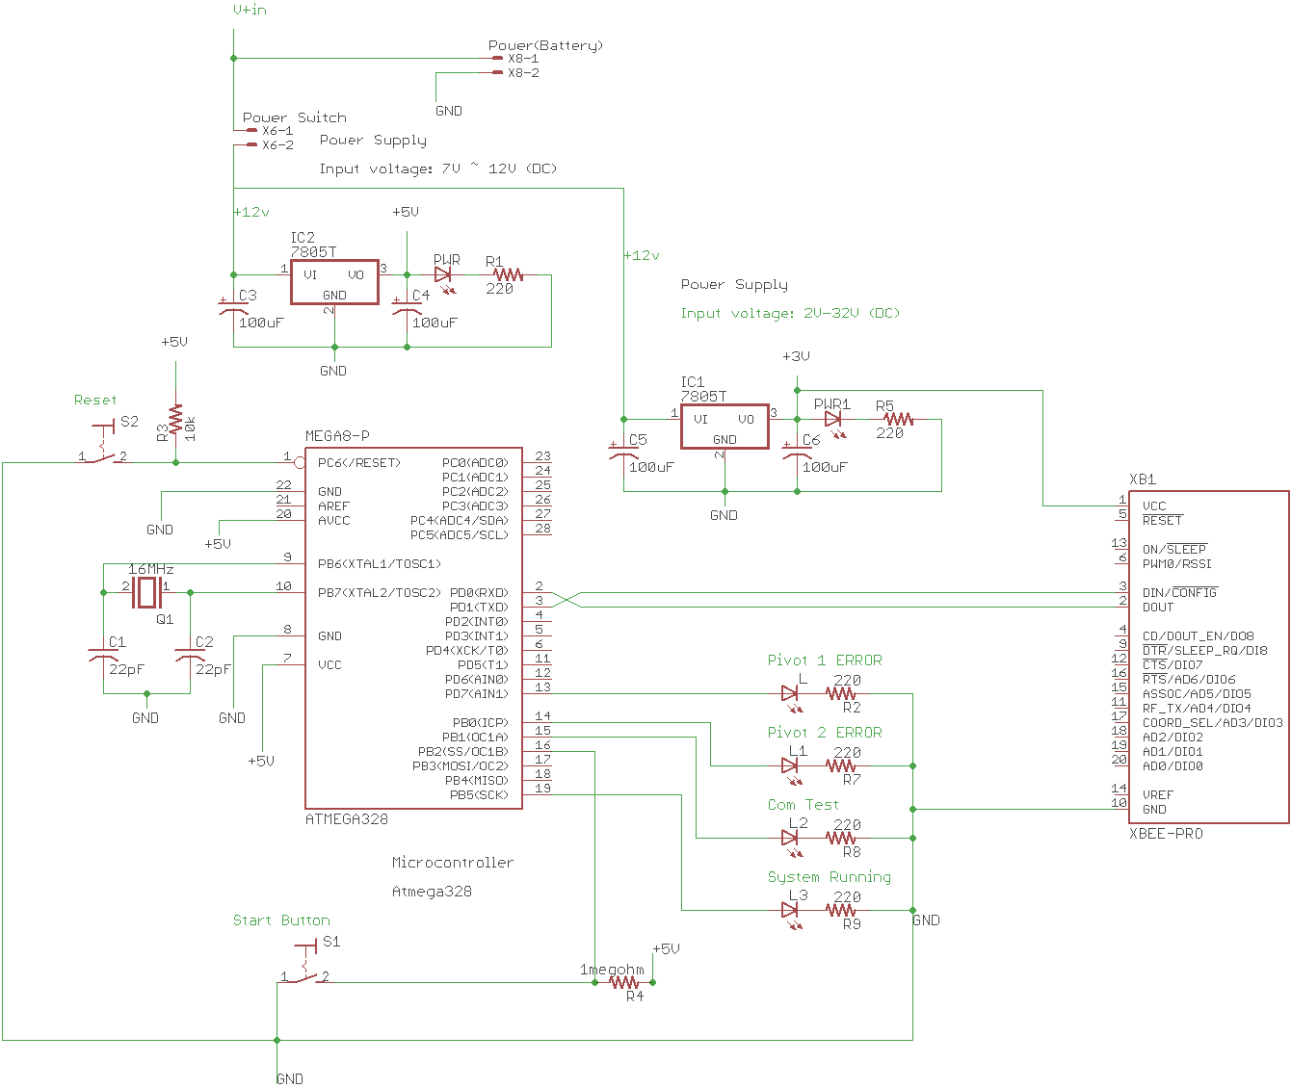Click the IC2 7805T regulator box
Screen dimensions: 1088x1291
pos(334,281)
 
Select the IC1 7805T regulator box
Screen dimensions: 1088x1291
pos(725,426)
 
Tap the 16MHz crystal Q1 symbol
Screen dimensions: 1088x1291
pos(145,592)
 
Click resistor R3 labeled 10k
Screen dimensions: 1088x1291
pos(175,422)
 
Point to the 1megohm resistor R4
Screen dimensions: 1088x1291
pos(624,982)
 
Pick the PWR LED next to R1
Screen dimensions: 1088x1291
pos(444,275)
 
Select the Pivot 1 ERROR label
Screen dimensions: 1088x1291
pos(824,661)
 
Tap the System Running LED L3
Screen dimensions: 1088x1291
pos(791,910)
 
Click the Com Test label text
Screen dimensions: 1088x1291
pos(803,805)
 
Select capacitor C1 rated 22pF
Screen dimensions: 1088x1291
pos(103,655)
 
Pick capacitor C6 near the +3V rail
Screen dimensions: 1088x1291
pos(797,453)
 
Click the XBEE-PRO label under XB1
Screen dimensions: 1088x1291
pos(1166,834)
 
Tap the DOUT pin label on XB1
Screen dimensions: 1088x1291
pos(1158,608)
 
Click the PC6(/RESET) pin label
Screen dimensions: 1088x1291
pos(359,463)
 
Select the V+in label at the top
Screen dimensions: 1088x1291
pos(250,10)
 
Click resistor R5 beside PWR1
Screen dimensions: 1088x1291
pos(898,420)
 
